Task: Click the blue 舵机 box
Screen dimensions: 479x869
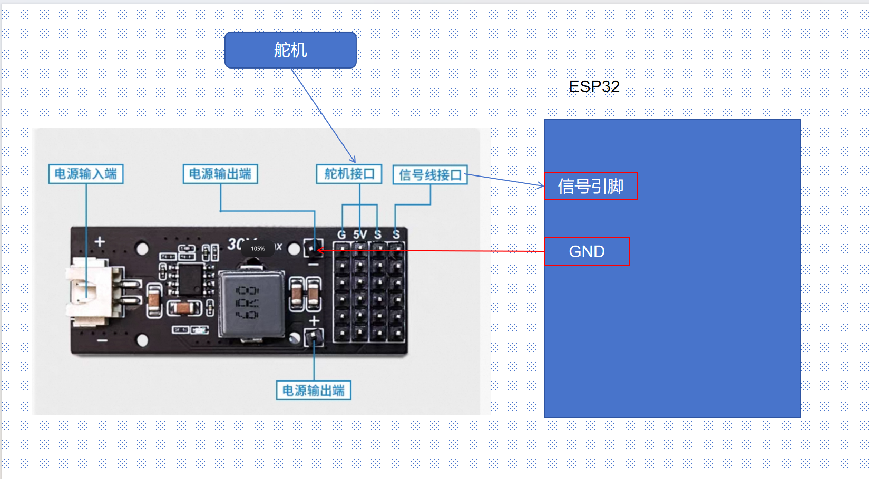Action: coord(290,50)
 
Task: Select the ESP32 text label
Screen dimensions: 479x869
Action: coord(594,86)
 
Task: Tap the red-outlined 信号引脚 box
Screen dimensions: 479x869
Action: coord(591,187)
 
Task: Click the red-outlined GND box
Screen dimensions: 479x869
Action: coord(587,251)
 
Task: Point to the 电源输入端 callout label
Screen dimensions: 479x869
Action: coord(86,174)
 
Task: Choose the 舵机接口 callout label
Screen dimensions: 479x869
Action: coord(349,174)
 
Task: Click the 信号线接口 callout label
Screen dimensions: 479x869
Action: coord(430,175)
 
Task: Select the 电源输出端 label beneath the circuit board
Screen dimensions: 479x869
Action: coord(314,390)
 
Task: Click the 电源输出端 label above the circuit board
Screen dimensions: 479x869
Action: coord(220,174)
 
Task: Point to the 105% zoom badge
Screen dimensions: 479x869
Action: coord(258,248)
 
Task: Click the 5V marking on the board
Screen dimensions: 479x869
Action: coord(360,234)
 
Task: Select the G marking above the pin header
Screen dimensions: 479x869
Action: coord(341,234)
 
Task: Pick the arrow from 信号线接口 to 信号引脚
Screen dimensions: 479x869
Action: coord(504,180)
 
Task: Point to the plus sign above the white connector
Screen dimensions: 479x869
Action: coord(100,241)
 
